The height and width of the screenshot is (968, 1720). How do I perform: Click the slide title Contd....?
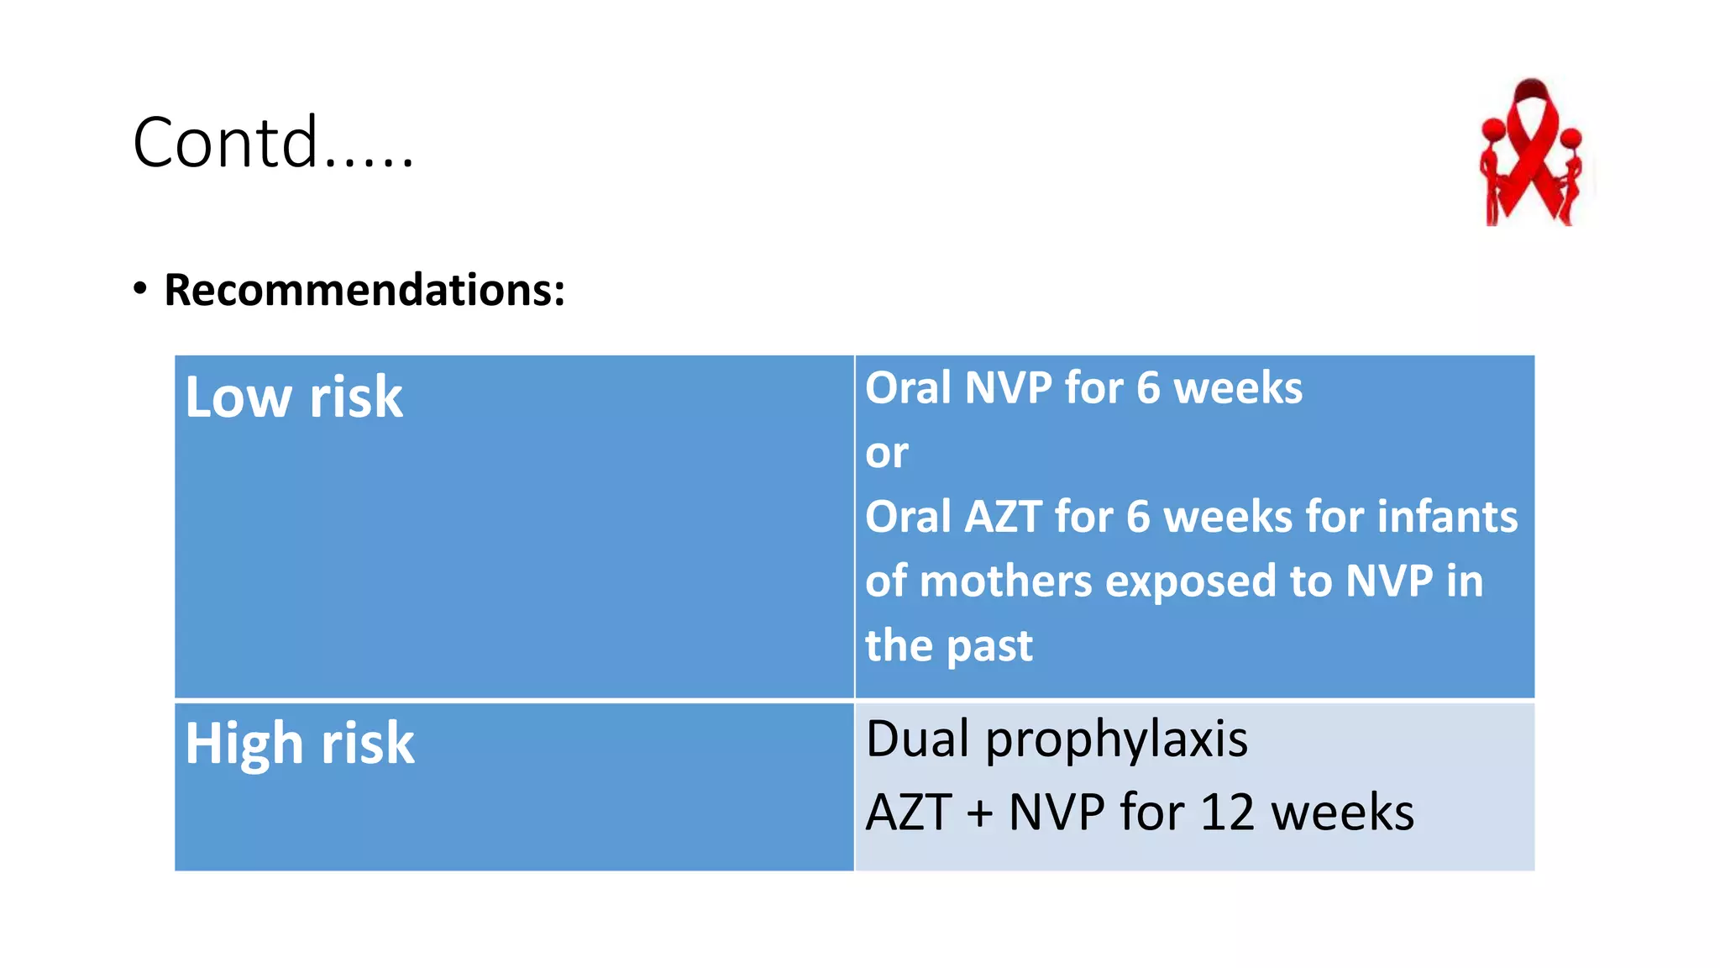coord(273,143)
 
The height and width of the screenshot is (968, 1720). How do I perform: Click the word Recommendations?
coord(364,291)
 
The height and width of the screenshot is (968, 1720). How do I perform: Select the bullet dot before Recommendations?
coord(140,288)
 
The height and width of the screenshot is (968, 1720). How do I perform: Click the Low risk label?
coord(294,397)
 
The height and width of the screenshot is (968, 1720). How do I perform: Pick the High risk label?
coord(300,744)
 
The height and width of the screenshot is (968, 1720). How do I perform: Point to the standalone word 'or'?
coord(887,454)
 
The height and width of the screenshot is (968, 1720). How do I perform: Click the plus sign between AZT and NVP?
coord(979,814)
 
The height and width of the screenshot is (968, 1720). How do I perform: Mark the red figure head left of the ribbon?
coord(1493,131)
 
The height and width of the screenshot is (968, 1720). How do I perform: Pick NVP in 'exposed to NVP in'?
coord(1389,581)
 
